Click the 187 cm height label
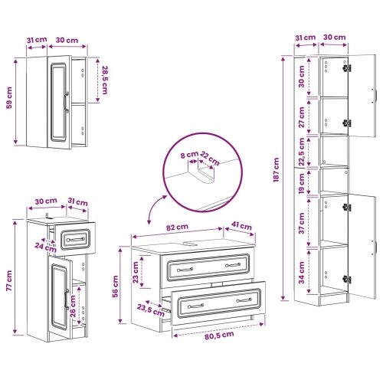[277, 170]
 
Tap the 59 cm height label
[9, 98]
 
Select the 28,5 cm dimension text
[105, 80]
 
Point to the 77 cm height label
[9, 281]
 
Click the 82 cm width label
[177, 227]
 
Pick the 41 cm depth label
[241, 226]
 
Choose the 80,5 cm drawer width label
[219, 335]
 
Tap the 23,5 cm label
[151, 310]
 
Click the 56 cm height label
[115, 286]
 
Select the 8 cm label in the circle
[189, 155]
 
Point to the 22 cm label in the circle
[210, 159]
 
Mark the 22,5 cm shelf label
[302, 152]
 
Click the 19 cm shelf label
[302, 183]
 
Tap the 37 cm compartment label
[302, 223]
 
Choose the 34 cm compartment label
[302, 273]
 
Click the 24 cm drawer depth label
[45, 247]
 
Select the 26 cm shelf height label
[73, 306]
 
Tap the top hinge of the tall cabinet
[347, 68]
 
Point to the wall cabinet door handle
[66, 102]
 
